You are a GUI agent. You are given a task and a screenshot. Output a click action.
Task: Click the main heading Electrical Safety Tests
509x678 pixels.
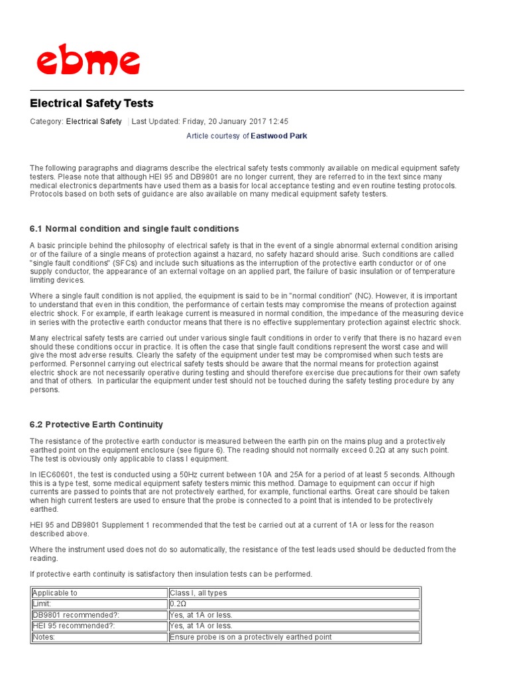coord(91,103)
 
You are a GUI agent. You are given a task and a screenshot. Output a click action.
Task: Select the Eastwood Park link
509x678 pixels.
coord(278,136)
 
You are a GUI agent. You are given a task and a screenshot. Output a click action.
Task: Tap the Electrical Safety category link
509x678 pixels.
coord(93,121)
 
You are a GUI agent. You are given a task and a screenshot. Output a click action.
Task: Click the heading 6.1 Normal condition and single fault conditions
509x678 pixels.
coord(134,228)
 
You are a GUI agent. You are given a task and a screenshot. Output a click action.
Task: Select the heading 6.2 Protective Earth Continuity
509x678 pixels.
coord(96,424)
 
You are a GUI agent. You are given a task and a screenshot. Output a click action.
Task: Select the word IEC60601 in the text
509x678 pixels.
coord(57,475)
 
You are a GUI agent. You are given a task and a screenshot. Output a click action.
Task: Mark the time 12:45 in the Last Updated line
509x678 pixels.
coord(278,121)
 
